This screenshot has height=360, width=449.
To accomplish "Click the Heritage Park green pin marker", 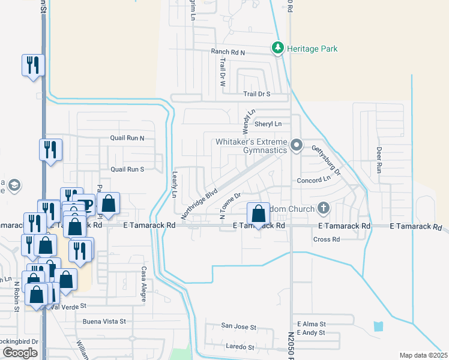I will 278,48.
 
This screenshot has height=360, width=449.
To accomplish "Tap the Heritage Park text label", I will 312,49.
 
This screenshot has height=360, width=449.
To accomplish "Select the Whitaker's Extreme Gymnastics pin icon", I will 296,146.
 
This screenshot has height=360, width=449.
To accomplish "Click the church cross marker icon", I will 324,209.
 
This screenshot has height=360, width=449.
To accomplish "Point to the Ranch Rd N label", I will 228,53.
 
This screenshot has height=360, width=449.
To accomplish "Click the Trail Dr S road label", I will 257,94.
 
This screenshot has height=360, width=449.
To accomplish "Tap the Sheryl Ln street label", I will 268,124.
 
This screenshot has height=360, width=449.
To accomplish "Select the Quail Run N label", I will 127,138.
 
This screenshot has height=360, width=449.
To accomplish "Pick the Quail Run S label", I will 127,169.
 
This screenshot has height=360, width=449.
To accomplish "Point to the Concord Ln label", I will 314,179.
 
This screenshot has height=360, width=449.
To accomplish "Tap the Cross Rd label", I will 327,239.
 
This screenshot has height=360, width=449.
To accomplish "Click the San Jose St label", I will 239,328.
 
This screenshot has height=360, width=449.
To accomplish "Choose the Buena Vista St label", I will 104,322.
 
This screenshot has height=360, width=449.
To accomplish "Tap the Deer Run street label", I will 379,160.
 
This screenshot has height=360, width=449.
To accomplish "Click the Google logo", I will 20,353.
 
